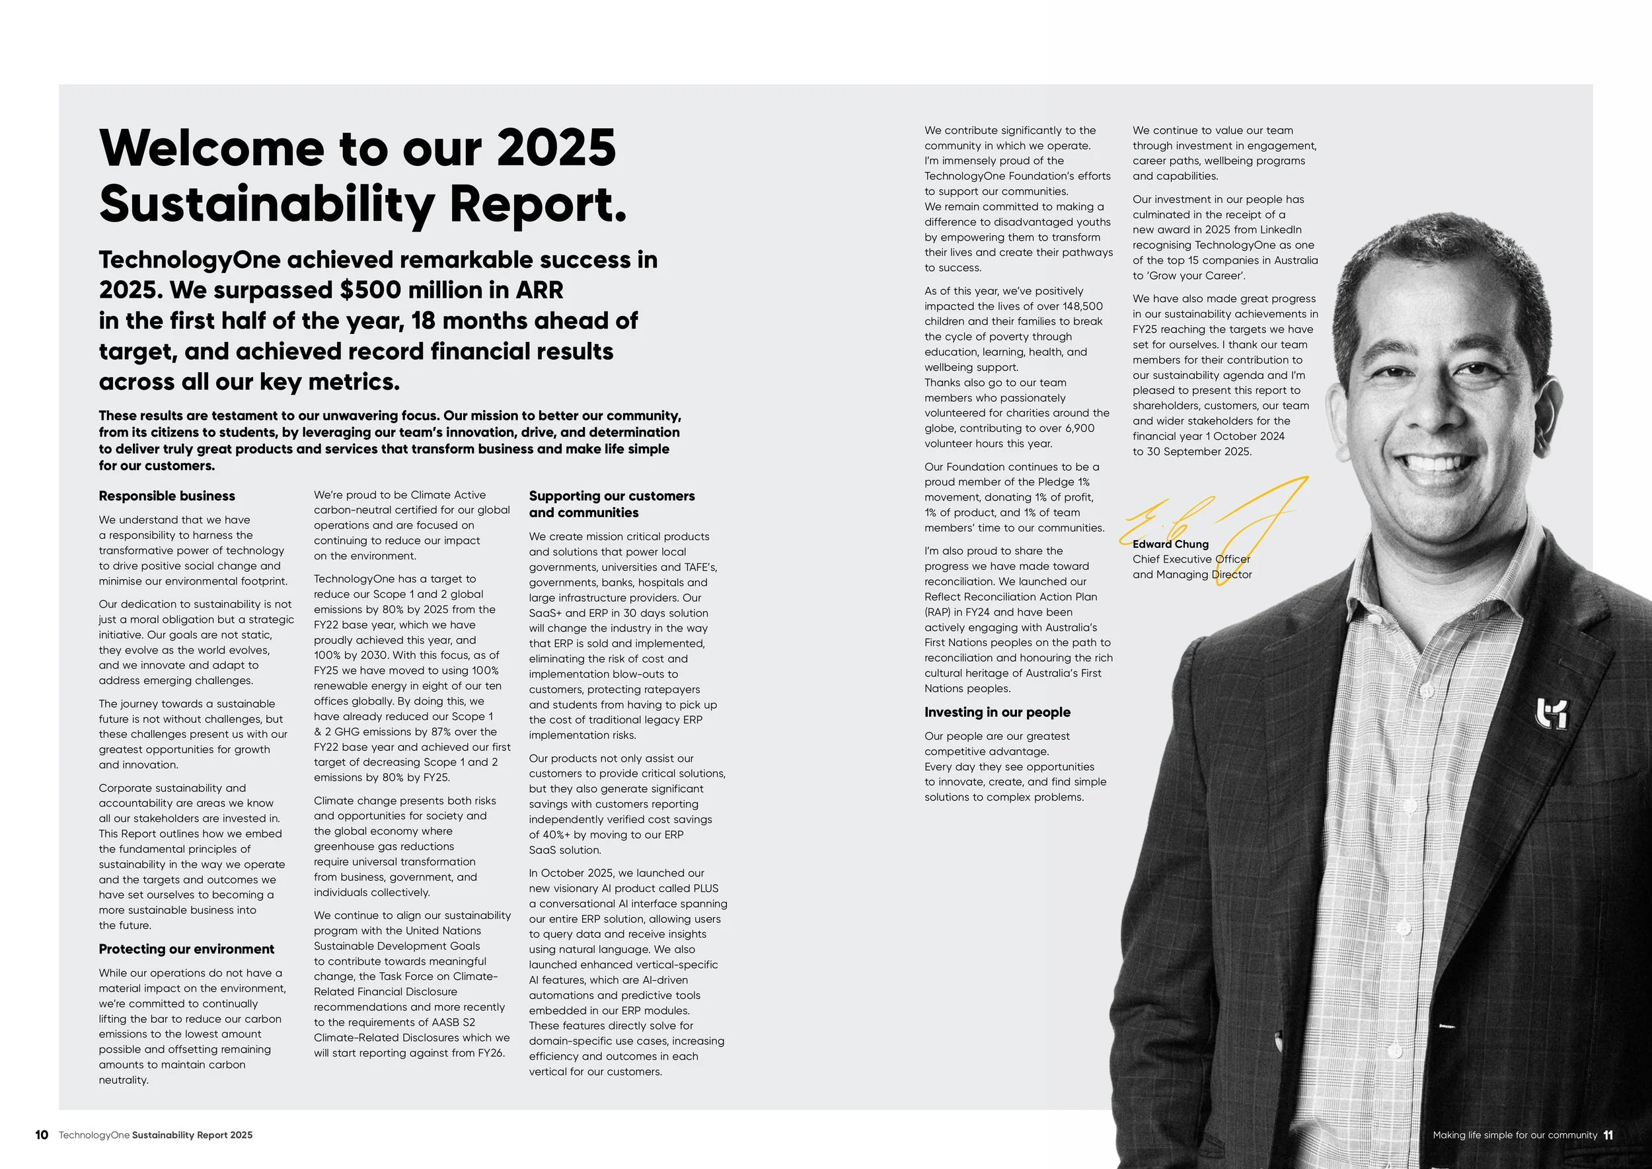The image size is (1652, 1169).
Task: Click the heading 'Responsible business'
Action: pyautogui.click(x=167, y=496)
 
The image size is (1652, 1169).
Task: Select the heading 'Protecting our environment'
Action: pyautogui.click(x=186, y=949)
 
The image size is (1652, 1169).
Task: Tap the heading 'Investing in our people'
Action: pyautogui.click(x=997, y=712)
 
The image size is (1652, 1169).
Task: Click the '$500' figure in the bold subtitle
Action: pyautogui.click(x=369, y=290)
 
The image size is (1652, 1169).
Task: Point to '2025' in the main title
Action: pyautogui.click(x=556, y=147)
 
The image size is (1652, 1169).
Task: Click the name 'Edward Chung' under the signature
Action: pyautogui.click(x=1170, y=544)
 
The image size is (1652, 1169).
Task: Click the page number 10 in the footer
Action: pyautogui.click(x=42, y=1135)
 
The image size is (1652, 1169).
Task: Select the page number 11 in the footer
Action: pyautogui.click(x=1608, y=1135)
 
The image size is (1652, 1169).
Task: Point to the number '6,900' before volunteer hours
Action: pyautogui.click(x=1080, y=428)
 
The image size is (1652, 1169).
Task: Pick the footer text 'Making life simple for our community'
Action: pyautogui.click(x=1515, y=1135)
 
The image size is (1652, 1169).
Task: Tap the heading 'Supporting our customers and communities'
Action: pyautogui.click(x=612, y=504)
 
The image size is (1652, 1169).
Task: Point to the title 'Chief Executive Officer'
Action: pyautogui.click(x=1191, y=559)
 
